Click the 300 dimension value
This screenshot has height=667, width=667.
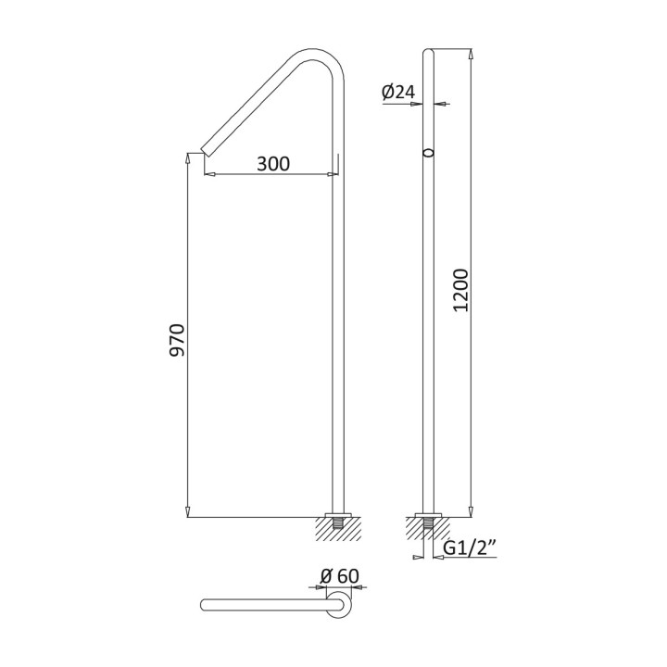click(273, 164)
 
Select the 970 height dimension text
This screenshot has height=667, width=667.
click(177, 340)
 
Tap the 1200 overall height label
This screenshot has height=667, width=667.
click(460, 291)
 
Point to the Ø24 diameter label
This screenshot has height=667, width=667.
click(398, 92)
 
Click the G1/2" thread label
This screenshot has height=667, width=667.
click(470, 548)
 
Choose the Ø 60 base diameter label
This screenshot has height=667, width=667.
click(339, 576)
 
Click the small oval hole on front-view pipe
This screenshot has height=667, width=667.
click(429, 153)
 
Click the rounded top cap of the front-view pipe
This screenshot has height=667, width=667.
click(428, 52)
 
